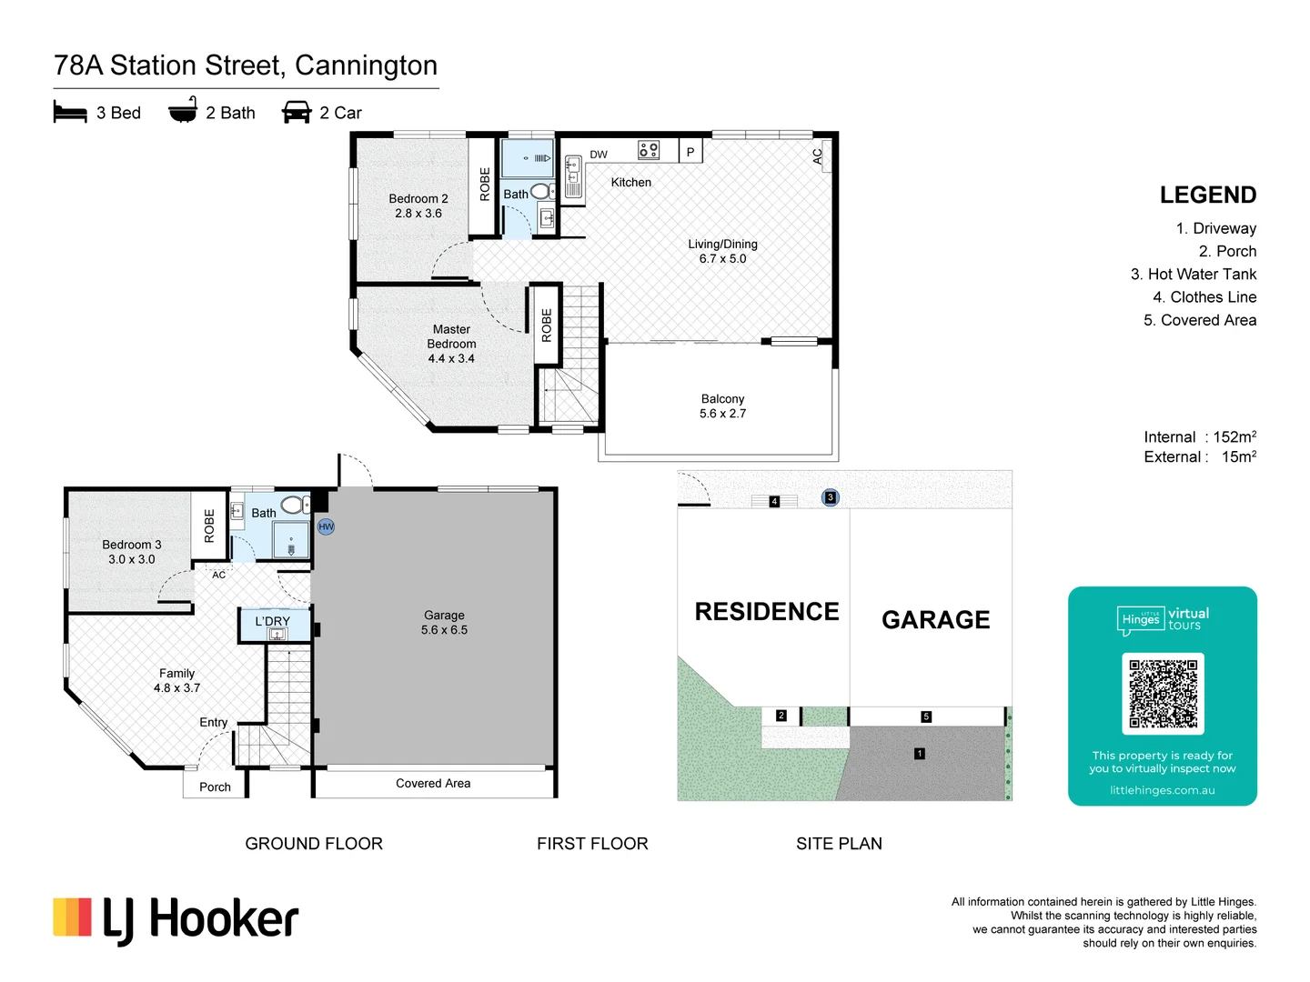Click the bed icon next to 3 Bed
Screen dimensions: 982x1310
[x=70, y=112]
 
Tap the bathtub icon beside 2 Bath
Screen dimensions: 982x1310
[x=183, y=110]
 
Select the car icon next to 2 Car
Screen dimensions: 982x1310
[x=297, y=112]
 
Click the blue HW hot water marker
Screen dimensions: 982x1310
[x=326, y=526]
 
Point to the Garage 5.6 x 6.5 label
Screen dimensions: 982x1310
[x=444, y=623]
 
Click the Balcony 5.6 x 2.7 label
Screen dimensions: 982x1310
[x=722, y=406]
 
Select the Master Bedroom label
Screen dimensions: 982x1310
[x=451, y=344]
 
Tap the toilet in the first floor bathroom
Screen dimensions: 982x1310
[x=541, y=191]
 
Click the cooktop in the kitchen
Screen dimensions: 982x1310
[x=649, y=150]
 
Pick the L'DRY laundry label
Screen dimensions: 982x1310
[x=272, y=621]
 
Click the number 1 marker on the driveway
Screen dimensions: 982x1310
[x=920, y=754]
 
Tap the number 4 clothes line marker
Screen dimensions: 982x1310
[x=774, y=501]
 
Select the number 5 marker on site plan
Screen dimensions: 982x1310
[x=926, y=716]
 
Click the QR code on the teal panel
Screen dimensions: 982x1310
[x=1163, y=694]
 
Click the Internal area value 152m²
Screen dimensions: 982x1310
[x=1234, y=437]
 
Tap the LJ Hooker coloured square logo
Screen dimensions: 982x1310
[x=72, y=917]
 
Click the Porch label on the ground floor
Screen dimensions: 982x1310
[x=215, y=787]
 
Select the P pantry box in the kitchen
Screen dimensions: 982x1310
[x=690, y=152]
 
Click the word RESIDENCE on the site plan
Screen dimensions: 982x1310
[x=767, y=612]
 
